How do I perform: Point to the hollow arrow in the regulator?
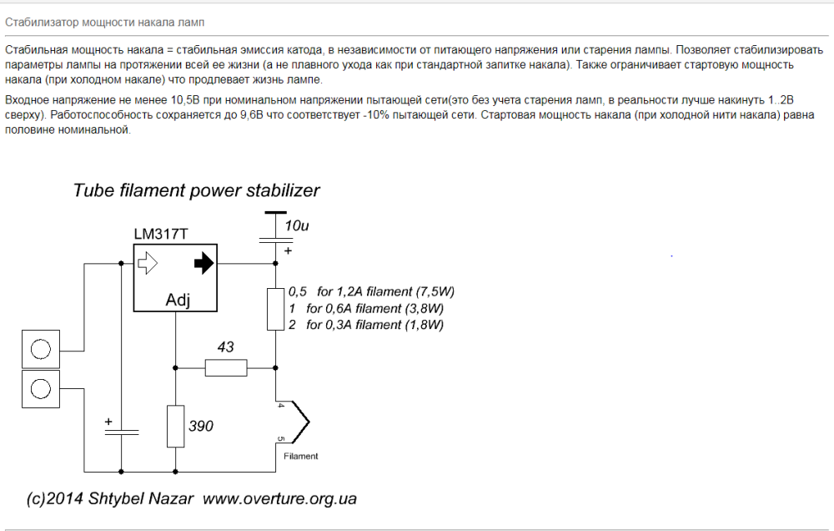[148, 264]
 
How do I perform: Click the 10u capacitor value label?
[296, 226]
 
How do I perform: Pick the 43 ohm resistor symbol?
[226, 367]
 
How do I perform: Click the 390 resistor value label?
[201, 426]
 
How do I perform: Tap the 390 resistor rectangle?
[175, 426]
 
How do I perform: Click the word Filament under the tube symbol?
[300, 457]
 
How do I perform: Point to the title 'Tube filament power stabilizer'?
[196, 190]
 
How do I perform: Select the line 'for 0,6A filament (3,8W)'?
[374, 308]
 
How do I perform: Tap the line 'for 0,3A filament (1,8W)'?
[374, 325]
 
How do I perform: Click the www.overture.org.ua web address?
[279, 499]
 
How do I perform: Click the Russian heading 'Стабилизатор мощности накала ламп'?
[104, 21]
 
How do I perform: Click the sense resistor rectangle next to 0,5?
[275, 309]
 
